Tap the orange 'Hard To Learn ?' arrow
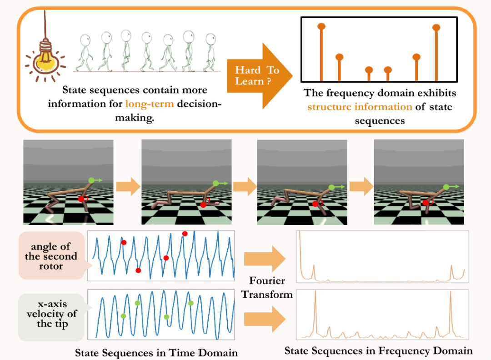[x=257, y=75]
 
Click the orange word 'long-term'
[x=150, y=103]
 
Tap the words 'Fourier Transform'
[x=267, y=288]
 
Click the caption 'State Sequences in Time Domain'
[x=156, y=353]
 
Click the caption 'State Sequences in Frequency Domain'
[x=378, y=351]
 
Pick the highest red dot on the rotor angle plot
[x=185, y=234]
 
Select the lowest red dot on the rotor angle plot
[x=138, y=270]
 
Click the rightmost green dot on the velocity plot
[x=191, y=303]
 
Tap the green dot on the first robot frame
[x=92, y=180]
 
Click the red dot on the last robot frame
[x=426, y=203]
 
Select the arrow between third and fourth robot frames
[x=360, y=187]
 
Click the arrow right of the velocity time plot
[x=264, y=318]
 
